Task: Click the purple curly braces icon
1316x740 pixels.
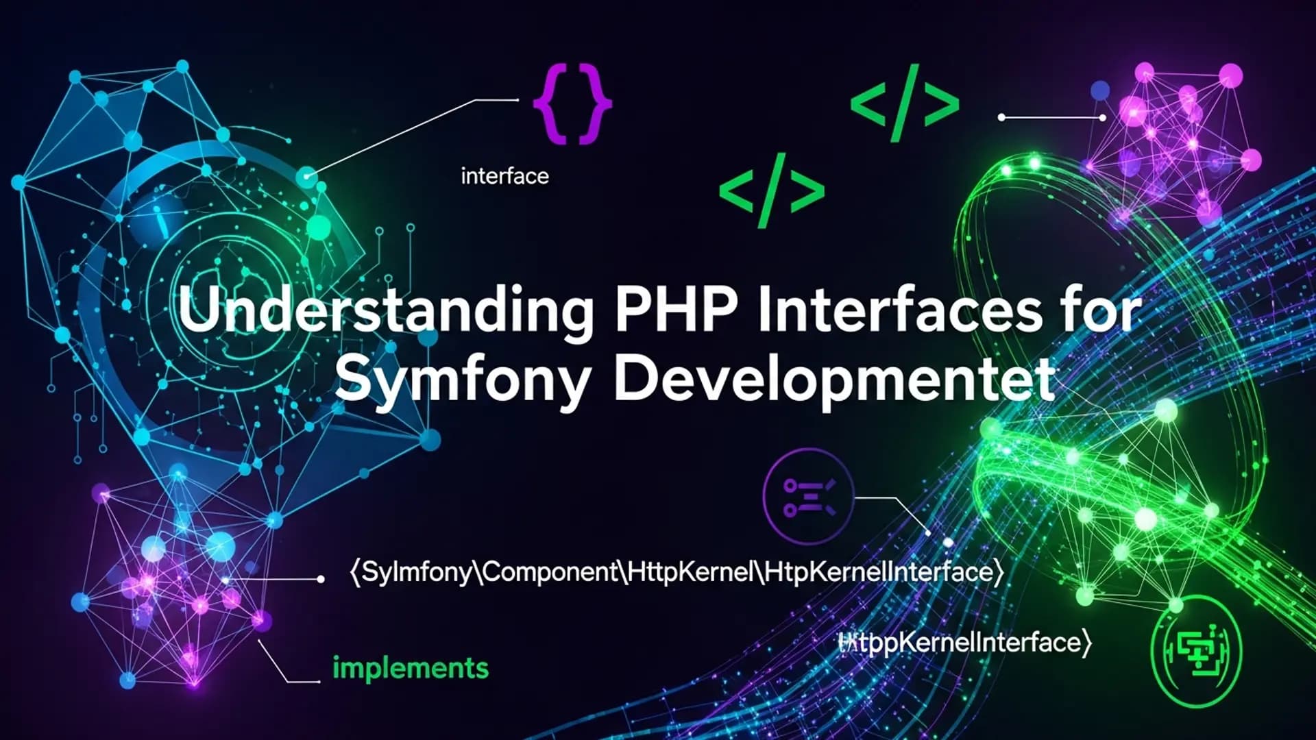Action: point(572,104)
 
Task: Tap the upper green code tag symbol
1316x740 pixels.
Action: point(904,103)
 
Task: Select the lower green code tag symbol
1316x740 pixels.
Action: point(772,190)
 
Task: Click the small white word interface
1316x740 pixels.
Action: point(504,177)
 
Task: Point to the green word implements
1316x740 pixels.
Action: point(410,668)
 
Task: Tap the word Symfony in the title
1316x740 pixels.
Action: point(463,380)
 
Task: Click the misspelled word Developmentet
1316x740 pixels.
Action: point(833,380)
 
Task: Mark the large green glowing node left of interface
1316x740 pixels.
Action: point(317,227)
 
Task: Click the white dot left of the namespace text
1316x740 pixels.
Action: point(321,579)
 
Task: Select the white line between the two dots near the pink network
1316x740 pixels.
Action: point(1051,118)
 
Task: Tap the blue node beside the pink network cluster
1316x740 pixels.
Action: point(1099,90)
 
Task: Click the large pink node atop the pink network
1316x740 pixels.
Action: point(1231,75)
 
